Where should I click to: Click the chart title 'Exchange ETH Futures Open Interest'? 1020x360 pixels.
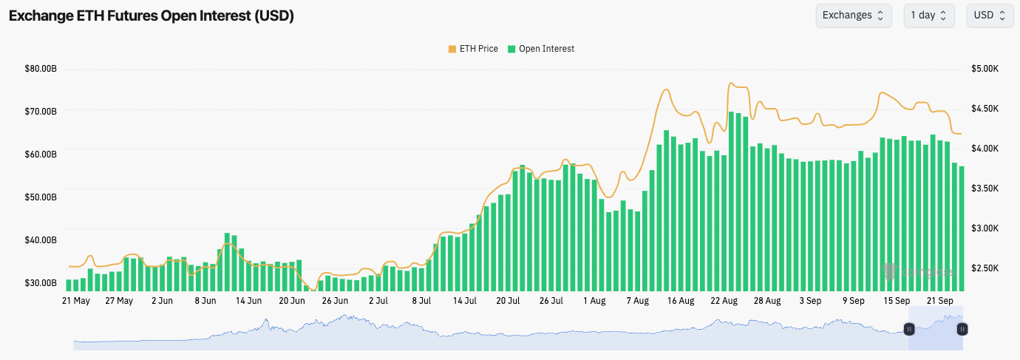click(152, 16)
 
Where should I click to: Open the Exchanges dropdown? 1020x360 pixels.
click(854, 16)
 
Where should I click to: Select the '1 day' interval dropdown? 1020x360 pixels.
click(929, 16)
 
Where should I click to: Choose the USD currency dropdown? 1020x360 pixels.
click(990, 16)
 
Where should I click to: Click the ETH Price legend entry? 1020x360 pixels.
click(473, 49)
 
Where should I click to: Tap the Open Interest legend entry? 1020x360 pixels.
click(541, 49)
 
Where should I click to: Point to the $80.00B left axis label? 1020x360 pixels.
click(41, 69)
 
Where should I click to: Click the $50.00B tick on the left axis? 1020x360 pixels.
click(41, 197)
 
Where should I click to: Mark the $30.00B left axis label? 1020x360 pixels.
click(41, 283)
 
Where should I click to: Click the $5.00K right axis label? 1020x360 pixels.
click(985, 69)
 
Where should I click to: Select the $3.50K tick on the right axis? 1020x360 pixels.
click(985, 189)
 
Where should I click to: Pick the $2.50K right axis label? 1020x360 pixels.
click(985, 268)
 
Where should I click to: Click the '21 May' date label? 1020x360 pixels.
click(76, 302)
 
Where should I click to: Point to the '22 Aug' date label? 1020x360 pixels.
click(724, 302)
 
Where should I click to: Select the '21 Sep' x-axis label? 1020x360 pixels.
click(941, 302)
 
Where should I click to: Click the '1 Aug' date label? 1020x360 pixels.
click(594, 302)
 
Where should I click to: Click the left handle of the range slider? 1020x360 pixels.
click(909, 329)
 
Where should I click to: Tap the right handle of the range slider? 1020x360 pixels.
click(962, 329)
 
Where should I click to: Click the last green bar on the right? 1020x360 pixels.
click(962, 229)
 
